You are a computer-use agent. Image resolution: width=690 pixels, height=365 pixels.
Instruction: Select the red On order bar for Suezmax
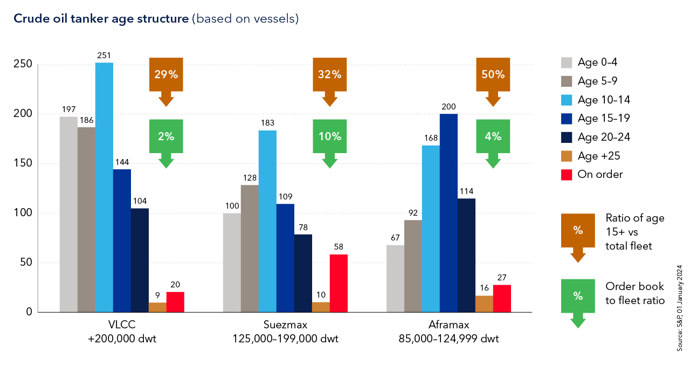(x=339, y=283)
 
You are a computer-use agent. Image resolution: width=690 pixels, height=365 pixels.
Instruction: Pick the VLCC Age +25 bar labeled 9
(x=157, y=307)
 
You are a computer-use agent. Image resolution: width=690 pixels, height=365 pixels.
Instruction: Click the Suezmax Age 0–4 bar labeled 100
(x=232, y=263)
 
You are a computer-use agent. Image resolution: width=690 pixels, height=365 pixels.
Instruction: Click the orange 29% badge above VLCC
(x=166, y=75)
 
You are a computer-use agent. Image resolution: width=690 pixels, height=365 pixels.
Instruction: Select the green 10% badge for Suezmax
(x=330, y=136)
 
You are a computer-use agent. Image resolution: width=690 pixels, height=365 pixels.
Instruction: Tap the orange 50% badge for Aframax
(x=493, y=75)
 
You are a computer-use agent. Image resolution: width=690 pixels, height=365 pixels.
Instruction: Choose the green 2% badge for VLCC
(x=166, y=136)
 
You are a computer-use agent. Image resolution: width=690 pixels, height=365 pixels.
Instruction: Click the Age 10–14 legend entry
(x=595, y=100)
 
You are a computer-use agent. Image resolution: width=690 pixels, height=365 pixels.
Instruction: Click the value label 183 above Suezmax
(x=267, y=124)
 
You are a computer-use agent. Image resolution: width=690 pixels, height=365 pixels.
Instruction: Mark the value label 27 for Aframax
(x=501, y=278)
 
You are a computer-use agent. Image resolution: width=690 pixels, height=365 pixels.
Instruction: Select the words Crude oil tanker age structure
(x=100, y=19)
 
